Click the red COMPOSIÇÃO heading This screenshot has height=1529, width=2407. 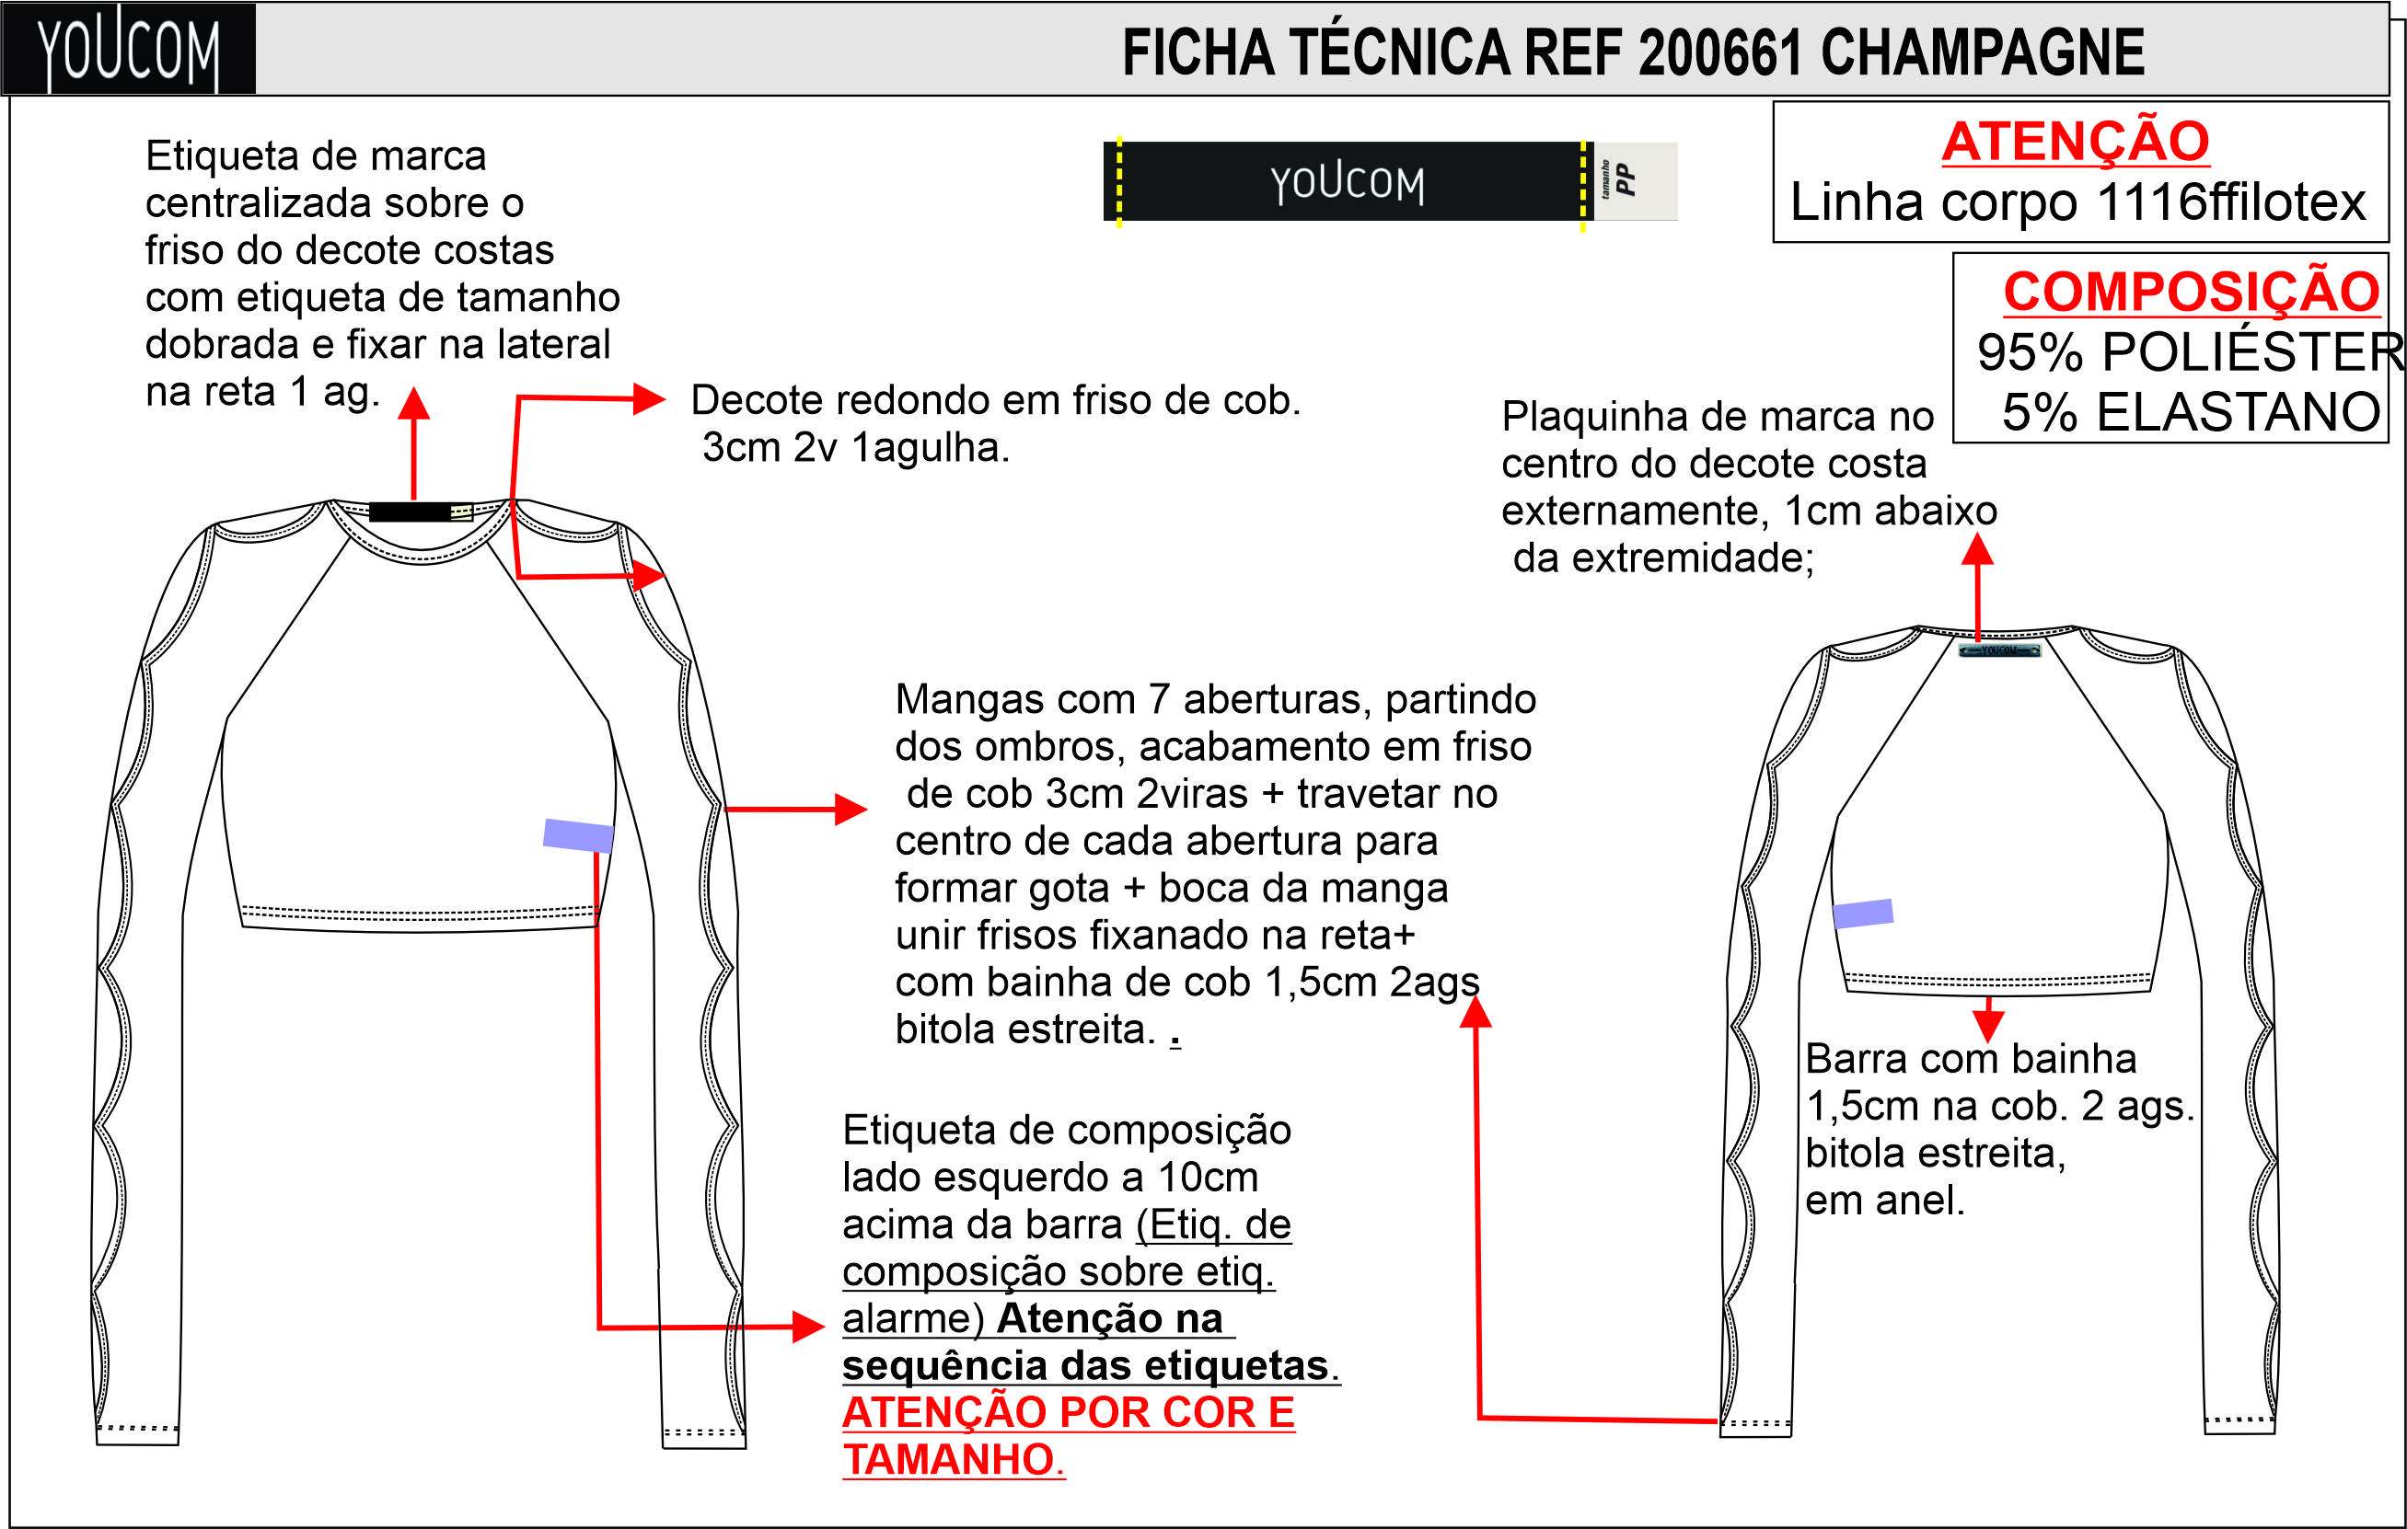(x=2191, y=292)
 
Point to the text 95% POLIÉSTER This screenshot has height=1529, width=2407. (x=2189, y=351)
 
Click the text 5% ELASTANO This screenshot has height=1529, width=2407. (x=2191, y=412)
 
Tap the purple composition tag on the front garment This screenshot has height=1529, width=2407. (x=578, y=834)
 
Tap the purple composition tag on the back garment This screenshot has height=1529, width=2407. (x=1862, y=914)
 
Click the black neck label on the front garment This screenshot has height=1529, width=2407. (x=409, y=512)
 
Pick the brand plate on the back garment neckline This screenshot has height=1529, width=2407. (x=1999, y=650)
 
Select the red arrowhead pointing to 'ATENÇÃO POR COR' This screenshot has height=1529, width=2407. (x=809, y=1328)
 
